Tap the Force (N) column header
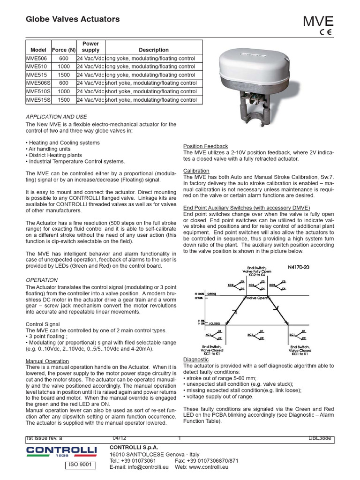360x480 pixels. (64, 50)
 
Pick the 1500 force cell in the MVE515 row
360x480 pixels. (64, 75)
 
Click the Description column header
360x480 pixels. (153, 50)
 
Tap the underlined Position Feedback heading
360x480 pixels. (205, 146)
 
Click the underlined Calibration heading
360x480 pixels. (196, 171)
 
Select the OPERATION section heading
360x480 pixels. (42, 280)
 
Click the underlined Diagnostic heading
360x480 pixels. (196, 360)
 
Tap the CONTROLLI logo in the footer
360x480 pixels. (61, 451)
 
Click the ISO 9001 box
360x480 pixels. (79, 465)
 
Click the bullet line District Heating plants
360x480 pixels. (53, 155)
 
